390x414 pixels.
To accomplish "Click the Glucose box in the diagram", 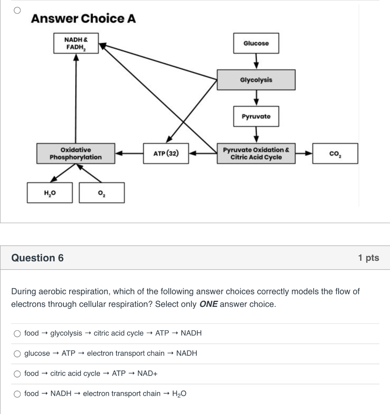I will pyautogui.click(x=256, y=43).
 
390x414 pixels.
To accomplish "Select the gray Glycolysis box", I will pyautogui.click(x=256, y=80).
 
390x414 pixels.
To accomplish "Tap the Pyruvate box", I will pyautogui.click(x=256, y=116).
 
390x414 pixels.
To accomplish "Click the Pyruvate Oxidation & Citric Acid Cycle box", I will pyautogui.click(x=256, y=153).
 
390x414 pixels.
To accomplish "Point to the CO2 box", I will pyautogui.click(x=335, y=153).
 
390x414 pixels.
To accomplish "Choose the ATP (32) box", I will pyautogui.click(x=165, y=153).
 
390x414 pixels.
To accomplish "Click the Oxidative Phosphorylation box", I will pyautogui.click(x=75, y=153).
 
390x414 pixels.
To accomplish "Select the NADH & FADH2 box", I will pyautogui.click(x=76, y=43).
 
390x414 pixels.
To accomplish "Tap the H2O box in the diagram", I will pyautogui.click(x=50, y=192).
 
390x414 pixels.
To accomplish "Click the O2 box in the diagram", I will pyautogui.click(x=102, y=192).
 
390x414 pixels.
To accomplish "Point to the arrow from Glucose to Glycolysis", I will pyautogui.click(x=256, y=61).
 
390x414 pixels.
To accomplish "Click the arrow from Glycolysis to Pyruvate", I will pyautogui.click(x=256, y=98).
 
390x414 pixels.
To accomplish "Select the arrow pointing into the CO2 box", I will pyautogui.click(x=304, y=153).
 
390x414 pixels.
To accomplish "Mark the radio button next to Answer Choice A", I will pyautogui.click(x=17, y=11).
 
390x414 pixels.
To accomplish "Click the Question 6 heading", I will pyautogui.click(x=38, y=258).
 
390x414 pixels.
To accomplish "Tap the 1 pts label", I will pyautogui.click(x=368, y=258).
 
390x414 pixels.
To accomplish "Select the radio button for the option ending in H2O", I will pyautogui.click(x=17, y=394).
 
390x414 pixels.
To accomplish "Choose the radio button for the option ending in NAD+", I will pyautogui.click(x=17, y=374).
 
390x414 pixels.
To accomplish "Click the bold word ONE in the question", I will pyautogui.click(x=208, y=304).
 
